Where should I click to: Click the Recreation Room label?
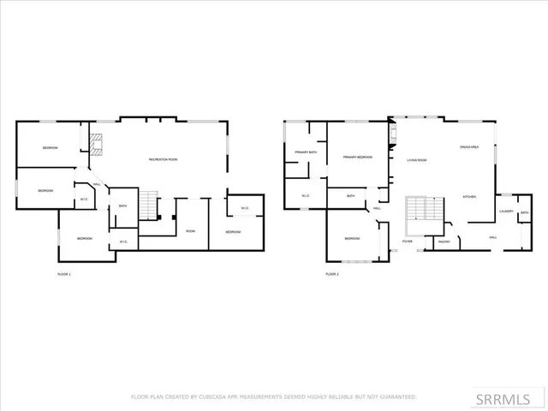(163, 160)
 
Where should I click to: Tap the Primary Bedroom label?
(357, 158)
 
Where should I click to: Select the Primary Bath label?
(306, 152)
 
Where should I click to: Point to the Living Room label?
(417, 160)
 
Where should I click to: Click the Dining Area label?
(468, 146)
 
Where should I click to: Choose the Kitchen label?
(469, 197)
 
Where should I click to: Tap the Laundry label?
(506, 211)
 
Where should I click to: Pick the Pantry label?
(444, 242)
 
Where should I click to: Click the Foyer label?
(407, 242)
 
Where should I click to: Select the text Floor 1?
(64, 275)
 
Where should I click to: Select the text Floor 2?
(332, 275)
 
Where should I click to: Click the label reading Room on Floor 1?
(190, 231)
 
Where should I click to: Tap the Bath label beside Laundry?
(524, 211)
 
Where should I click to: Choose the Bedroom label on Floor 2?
(352, 238)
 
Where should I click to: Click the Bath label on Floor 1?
(123, 205)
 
